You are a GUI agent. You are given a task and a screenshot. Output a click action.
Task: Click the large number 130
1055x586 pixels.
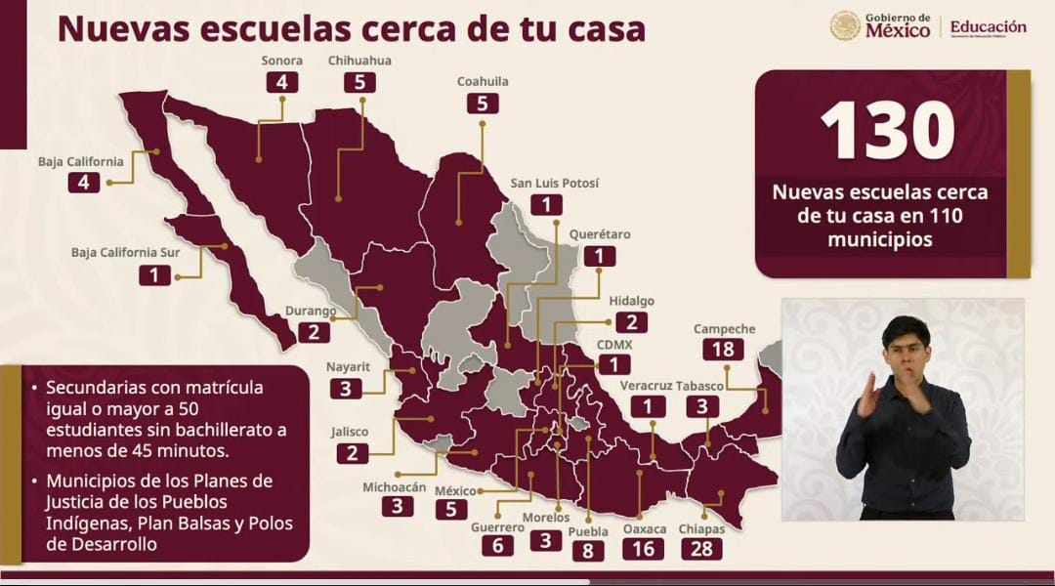[887, 130]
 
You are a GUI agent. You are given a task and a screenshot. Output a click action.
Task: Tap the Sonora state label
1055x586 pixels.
[281, 61]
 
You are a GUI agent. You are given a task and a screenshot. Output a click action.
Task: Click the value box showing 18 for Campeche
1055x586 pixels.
[724, 351]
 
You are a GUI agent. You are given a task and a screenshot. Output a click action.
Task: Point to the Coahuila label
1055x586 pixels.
[483, 82]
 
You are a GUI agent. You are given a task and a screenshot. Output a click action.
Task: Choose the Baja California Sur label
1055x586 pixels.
[125, 252]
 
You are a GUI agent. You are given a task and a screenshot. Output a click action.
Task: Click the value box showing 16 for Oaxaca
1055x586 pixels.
[643, 548]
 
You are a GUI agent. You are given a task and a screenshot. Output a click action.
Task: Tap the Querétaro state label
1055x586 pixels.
[600, 234]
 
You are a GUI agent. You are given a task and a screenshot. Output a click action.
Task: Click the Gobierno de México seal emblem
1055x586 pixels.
[845, 26]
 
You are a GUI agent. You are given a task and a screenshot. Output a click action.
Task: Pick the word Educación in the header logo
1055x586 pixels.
[988, 27]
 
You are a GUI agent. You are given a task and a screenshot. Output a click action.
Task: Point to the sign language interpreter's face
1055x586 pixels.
[904, 342]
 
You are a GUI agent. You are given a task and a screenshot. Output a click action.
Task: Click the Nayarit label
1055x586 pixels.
[347, 366]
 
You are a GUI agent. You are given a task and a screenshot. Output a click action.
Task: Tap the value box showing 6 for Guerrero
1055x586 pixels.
[497, 546]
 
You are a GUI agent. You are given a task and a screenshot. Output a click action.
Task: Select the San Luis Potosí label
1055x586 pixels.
[556, 184]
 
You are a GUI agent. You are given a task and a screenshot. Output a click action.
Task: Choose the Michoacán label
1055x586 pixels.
[395, 486]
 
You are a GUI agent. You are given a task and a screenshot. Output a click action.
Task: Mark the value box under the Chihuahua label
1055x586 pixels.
[359, 82]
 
